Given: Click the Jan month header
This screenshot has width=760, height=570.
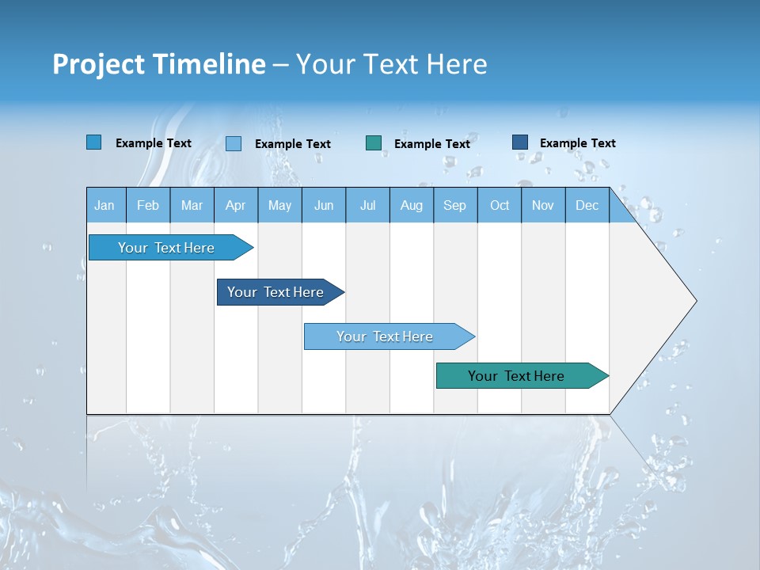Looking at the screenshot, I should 105,205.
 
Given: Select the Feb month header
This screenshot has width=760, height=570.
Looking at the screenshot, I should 148,205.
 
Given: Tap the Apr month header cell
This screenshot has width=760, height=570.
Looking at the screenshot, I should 236,205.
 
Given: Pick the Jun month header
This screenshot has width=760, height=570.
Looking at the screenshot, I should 324,205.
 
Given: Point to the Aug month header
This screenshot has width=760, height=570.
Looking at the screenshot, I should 412,205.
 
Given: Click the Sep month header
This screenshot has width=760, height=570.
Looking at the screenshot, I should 455,205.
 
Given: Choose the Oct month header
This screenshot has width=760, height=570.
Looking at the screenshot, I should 500,205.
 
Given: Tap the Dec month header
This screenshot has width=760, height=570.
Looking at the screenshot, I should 587,205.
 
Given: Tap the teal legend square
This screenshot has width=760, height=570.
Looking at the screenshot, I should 374,142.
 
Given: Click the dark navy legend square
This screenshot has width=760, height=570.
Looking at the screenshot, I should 520,142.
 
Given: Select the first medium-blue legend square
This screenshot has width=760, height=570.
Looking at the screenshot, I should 93,142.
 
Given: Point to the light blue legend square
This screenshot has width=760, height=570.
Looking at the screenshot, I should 234,143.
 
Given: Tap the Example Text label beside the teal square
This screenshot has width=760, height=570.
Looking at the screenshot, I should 431,143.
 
